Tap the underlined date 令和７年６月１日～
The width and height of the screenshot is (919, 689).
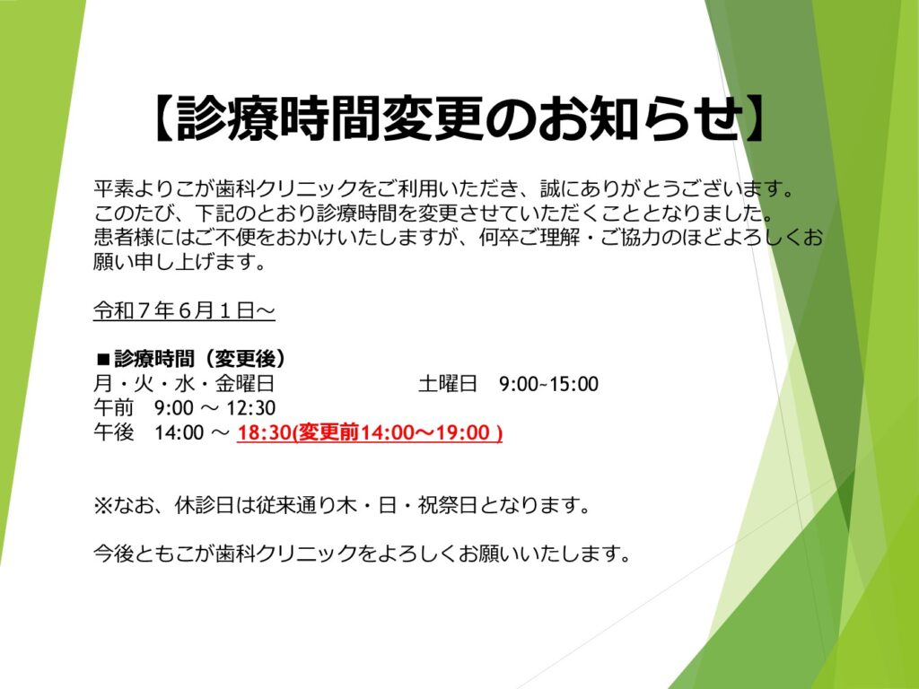tap(184, 310)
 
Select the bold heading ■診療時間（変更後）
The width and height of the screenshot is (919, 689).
tap(192, 359)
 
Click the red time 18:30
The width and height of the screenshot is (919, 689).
tap(265, 432)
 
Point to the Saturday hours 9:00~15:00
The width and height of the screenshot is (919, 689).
tap(548, 384)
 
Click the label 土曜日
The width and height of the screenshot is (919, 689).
tap(448, 384)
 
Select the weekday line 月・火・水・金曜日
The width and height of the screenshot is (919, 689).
tap(184, 384)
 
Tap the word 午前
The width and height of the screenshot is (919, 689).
tap(114, 408)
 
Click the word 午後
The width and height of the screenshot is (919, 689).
tap(114, 432)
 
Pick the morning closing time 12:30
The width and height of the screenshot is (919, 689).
tap(251, 408)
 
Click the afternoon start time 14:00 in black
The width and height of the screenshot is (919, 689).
tap(179, 432)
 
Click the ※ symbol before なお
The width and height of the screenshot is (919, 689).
tap(103, 505)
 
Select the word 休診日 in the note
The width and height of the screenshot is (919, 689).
tap(204, 505)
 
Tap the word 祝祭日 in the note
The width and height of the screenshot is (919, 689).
tap(447, 505)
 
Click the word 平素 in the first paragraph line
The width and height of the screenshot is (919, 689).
tap(114, 188)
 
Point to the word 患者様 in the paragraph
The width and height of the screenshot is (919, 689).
tap(124, 237)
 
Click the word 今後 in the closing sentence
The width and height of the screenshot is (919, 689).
tap(114, 553)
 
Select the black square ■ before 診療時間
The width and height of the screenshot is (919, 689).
tap(104, 359)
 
